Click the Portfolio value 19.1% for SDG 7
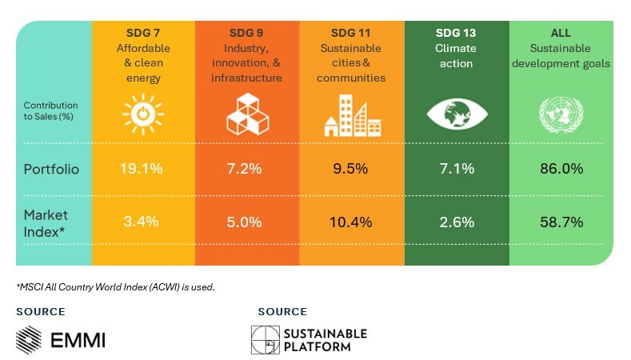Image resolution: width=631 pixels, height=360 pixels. pos(142,169)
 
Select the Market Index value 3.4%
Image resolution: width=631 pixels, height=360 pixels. pos(142,222)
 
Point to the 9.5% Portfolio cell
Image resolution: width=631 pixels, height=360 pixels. pos(351,169)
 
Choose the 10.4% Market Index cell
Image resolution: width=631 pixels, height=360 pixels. pos(351,222)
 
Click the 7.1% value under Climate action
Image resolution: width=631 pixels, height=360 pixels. pos(457,169)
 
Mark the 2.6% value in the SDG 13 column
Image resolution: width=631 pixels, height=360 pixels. pos(457,222)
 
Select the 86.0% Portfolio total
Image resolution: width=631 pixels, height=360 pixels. pos(561,169)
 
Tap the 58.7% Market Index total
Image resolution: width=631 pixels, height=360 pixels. pos(561,222)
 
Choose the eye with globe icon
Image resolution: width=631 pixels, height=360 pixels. pos(457,114)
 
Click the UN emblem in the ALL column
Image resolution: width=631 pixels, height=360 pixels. pos(561,115)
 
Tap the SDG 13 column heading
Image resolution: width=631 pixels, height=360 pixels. pos(456,33)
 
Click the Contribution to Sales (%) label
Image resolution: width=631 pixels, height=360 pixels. pos(50,111)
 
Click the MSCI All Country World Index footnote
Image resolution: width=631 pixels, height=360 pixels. pos(116,286)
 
